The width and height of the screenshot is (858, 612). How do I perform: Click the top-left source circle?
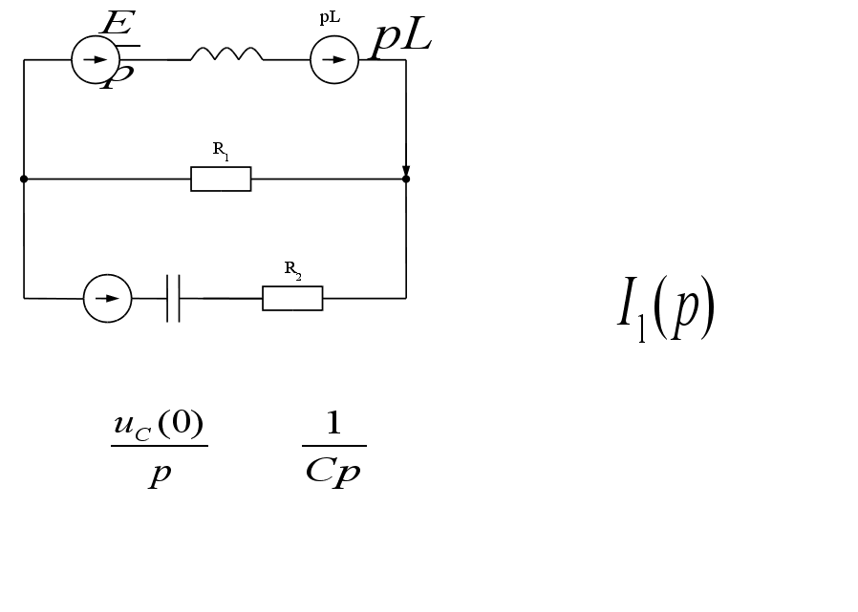(x=95, y=60)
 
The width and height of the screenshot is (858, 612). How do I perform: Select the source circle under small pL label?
(x=334, y=60)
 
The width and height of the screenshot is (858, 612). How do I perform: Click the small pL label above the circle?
(x=330, y=18)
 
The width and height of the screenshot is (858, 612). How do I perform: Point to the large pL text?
(x=402, y=39)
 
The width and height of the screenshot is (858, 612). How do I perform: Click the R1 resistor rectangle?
(x=221, y=179)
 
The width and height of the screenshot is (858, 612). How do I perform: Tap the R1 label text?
(x=220, y=150)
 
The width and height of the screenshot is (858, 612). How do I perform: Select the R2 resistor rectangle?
(x=292, y=298)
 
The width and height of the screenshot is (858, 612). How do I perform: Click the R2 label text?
(x=292, y=269)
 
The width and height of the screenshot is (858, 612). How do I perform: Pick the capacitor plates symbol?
(x=173, y=298)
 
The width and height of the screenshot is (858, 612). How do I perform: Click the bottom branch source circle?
(x=107, y=298)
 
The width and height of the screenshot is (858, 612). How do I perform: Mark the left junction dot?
(x=24, y=179)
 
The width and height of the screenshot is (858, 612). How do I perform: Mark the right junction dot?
(x=406, y=179)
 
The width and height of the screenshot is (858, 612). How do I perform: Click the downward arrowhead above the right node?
(x=406, y=170)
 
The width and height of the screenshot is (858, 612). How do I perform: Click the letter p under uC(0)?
(x=159, y=474)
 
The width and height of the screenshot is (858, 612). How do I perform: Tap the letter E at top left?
(x=118, y=25)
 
